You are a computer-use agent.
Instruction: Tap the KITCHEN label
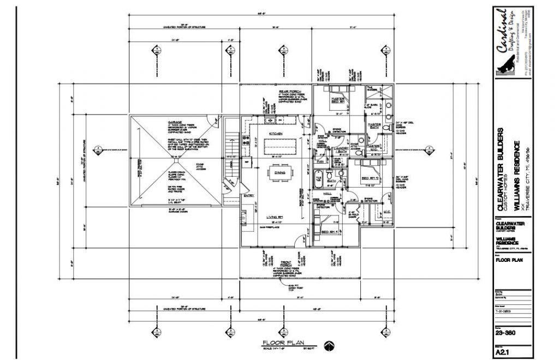[x=275, y=134]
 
